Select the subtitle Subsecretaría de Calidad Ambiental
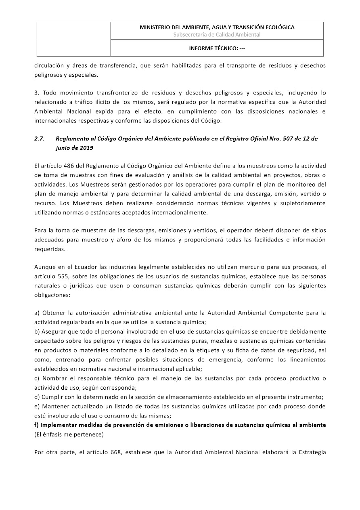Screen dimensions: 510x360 coord(217,35)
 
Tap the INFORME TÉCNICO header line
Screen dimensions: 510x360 coord(217,48)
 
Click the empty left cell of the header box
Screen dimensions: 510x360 coord(74,39)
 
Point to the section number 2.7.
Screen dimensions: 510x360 coord(39,139)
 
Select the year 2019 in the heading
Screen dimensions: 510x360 coord(86,148)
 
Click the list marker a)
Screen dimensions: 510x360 coord(37,313)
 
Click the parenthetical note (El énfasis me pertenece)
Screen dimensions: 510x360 coord(69,434)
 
